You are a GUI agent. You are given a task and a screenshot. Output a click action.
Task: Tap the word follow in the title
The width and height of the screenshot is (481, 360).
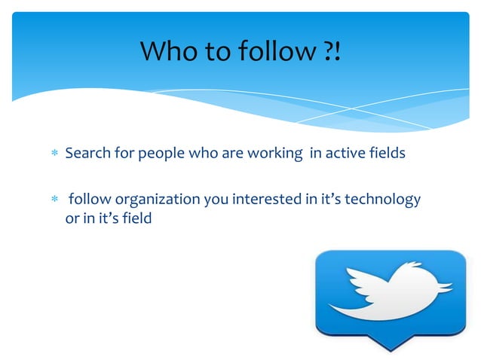(x=267, y=52)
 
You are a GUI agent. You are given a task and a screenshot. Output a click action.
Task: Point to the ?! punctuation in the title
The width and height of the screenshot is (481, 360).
(x=330, y=52)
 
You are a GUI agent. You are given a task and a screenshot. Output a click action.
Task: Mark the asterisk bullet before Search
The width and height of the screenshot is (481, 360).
(x=54, y=154)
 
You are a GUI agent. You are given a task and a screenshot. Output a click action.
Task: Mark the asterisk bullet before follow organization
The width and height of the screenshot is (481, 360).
(x=54, y=200)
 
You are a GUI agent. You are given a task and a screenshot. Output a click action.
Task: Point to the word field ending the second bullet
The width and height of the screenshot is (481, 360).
(x=137, y=219)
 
